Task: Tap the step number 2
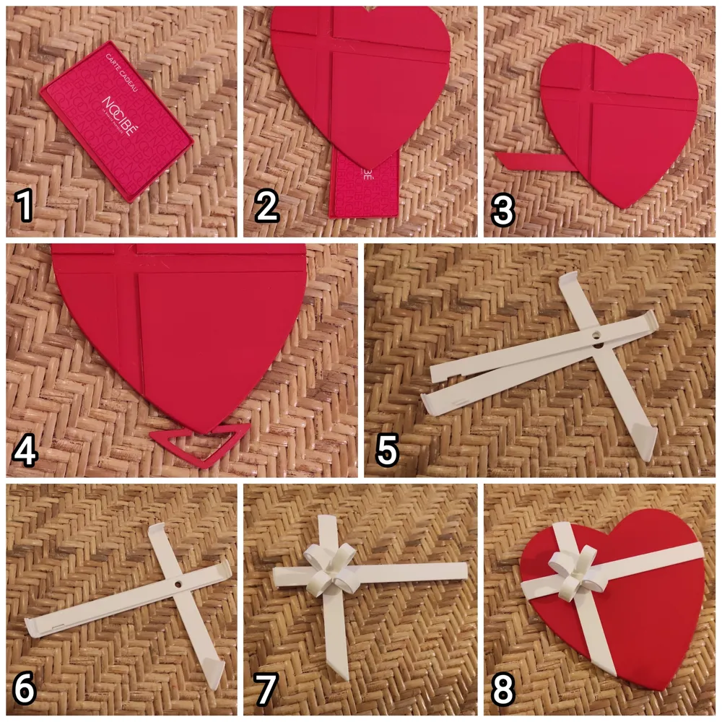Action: [266, 207]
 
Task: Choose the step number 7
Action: [265, 690]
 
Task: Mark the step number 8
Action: [503, 690]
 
